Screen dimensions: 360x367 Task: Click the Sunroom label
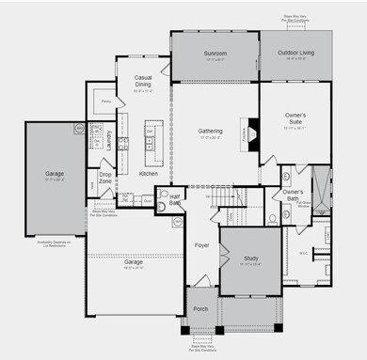pos(215,55)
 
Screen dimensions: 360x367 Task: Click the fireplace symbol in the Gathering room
pos(249,133)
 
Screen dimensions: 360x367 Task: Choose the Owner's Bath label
pos(298,194)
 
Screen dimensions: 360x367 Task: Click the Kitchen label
pos(149,174)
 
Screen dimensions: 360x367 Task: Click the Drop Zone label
pos(106,179)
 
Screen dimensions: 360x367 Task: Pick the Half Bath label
pos(175,196)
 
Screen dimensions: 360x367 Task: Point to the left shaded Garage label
pos(55,173)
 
